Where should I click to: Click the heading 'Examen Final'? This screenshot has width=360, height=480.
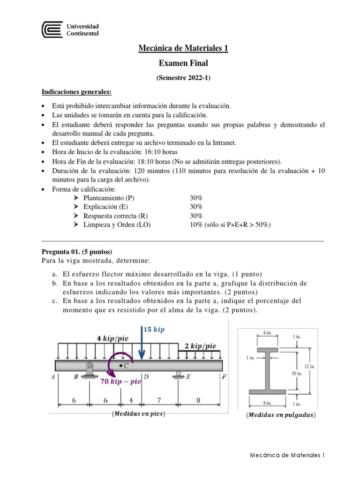click(x=183, y=63)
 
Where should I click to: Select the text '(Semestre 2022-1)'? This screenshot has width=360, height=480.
click(x=183, y=78)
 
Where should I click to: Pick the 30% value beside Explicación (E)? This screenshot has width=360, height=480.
click(x=196, y=207)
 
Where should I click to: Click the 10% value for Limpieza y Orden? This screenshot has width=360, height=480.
click(x=196, y=225)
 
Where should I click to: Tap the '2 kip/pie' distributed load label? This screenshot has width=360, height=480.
click(x=200, y=346)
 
